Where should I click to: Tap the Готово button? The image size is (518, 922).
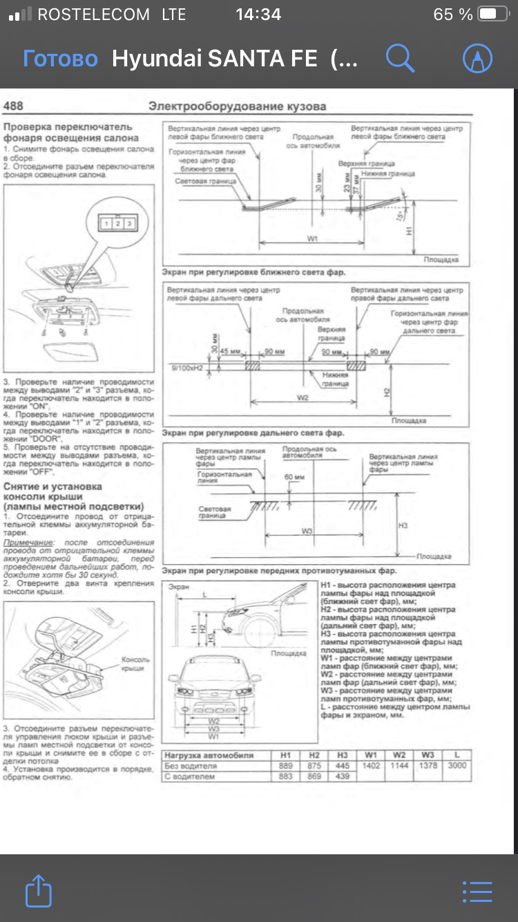point(60,59)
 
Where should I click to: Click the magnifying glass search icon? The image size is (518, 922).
point(399,58)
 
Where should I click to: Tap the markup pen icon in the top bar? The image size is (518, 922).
point(477,59)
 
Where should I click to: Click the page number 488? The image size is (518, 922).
point(13,106)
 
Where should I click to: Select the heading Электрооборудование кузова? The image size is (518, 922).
point(237,106)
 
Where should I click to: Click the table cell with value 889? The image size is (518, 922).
point(285,766)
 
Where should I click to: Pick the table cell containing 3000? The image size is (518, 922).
point(457,766)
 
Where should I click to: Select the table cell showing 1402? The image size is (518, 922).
point(371,766)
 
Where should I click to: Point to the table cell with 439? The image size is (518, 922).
point(342,777)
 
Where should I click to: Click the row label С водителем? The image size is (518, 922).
point(190,777)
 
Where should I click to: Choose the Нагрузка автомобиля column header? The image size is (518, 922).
point(209,755)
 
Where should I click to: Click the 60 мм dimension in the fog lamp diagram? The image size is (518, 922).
point(294,478)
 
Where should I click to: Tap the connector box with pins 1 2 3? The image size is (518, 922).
point(117,223)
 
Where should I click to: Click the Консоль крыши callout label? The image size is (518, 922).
point(135,664)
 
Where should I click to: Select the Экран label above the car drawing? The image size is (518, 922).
point(179,587)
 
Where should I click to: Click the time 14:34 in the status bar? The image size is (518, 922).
point(258,14)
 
